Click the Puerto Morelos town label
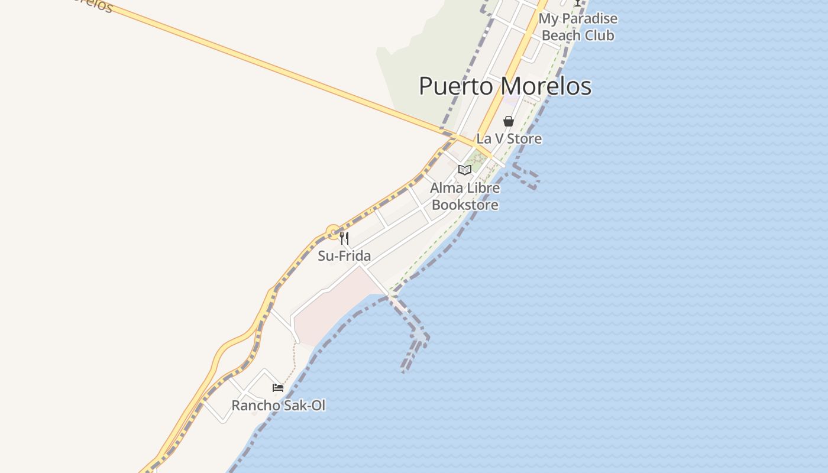(505, 86)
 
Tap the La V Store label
(509, 139)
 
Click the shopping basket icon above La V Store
(508, 121)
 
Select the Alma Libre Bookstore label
(465, 196)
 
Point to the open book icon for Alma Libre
(465, 170)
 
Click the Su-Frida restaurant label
(344, 256)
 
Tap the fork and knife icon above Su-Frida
(344, 238)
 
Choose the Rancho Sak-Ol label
(278, 406)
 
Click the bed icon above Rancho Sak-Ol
(278, 388)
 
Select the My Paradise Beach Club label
(578, 27)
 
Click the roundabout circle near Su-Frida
(334, 232)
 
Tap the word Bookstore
(465, 205)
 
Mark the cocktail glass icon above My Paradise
(578, 3)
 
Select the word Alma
(443, 188)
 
